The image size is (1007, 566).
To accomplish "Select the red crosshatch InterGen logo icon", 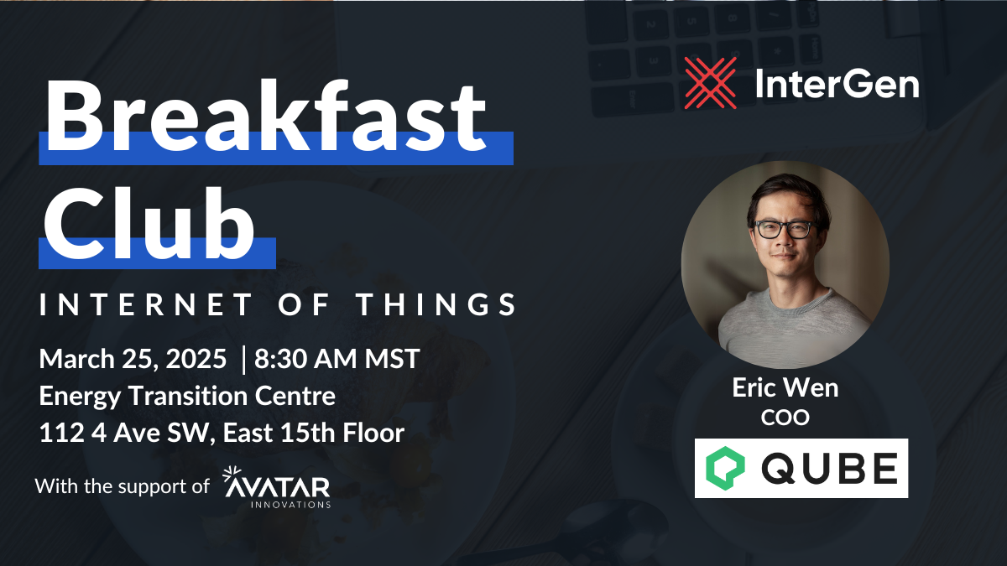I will pos(711,83).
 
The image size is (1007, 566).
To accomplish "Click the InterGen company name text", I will pos(836,84).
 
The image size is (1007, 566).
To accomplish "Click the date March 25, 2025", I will pos(133,360).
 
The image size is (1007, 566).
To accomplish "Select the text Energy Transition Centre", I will pos(187,396).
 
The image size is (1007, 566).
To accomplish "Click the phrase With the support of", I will pos(123,486).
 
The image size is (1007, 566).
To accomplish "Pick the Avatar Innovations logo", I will pos(276,487).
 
